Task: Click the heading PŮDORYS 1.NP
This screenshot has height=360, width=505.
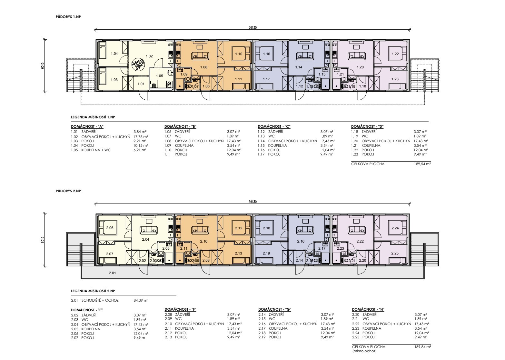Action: click(x=68, y=17)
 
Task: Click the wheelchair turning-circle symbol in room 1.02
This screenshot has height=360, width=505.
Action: click(x=138, y=64)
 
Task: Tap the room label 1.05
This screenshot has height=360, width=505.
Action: click(x=159, y=76)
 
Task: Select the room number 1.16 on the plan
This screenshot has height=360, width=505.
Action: click(x=266, y=54)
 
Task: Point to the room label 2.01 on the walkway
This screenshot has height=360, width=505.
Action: click(x=112, y=273)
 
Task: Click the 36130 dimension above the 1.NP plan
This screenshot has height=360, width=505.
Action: click(x=253, y=27)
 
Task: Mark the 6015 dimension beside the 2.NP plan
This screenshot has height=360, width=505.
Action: click(x=43, y=240)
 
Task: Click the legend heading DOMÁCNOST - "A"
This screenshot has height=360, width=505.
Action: click(x=87, y=126)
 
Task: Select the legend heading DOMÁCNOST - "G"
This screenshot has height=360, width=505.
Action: click(x=275, y=309)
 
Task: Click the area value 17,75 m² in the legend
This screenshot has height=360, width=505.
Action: click(x=141, y=137)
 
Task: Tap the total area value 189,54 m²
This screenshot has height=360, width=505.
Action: click(x=422, y=164)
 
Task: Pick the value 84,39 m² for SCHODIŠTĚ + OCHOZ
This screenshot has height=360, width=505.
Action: click(x=141, y=300)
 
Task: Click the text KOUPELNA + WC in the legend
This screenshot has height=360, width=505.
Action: click(x=96, y=150)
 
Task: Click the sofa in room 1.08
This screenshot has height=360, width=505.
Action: click(x=200, y=56)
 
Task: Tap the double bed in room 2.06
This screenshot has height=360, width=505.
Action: click(x=110, y=228)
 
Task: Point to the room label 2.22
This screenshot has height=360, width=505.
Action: click(x=360, y=241)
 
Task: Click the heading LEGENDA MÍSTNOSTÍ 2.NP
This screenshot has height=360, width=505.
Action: click(x=93, y=291)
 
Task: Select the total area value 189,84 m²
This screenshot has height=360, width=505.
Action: click(x=423, y=347)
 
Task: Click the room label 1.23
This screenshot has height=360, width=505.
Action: click(x=395, y=79)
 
